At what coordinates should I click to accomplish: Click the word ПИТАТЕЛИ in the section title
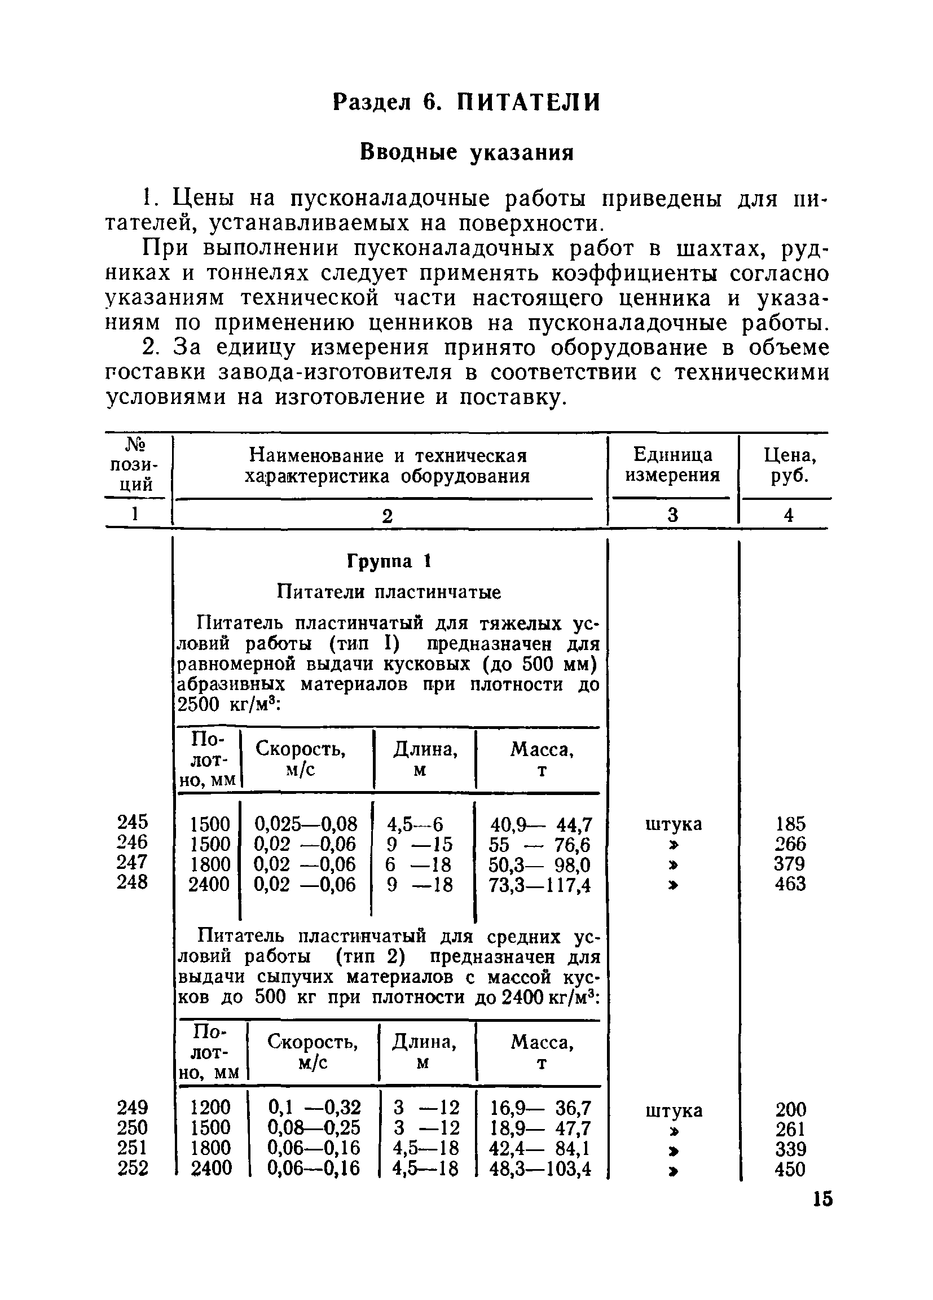tap(529, 103)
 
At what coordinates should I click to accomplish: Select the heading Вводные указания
tap(466, 152)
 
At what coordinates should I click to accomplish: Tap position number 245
tap(133, 822)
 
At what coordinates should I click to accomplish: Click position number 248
tap(133, 882)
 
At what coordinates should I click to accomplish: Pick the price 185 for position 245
tap(790, 824)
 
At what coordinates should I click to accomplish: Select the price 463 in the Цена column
tap(790, 884)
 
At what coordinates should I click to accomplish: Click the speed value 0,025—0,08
tap(306, 824)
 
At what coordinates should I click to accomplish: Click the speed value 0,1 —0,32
tap(315, 1107)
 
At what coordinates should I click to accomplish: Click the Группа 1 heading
tap(389, 562)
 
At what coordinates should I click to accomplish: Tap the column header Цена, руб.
tap(790, 465)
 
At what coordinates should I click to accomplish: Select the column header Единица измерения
tap(672, 465)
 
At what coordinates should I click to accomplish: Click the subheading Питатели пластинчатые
tap(389, 591)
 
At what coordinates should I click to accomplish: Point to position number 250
tap(133, 1127)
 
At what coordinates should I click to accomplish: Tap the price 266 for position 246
tap(790, 844)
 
